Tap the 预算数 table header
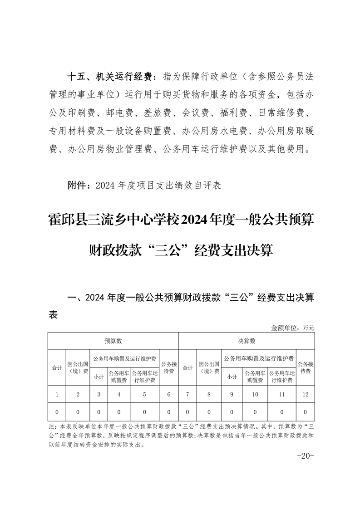[113, 341]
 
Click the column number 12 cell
[305, 395]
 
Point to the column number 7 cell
[187, 395]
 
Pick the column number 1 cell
[57, 395]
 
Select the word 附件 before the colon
[75, 186]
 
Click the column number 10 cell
[255, 395]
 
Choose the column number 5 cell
[144, 395]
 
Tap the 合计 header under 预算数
[57, 367]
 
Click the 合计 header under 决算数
[187, 367]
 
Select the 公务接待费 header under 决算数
[305, 367]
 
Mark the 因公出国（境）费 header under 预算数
[78, 367]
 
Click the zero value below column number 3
[99, 412]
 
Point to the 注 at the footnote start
[50, 427]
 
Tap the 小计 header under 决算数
[232, 377]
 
